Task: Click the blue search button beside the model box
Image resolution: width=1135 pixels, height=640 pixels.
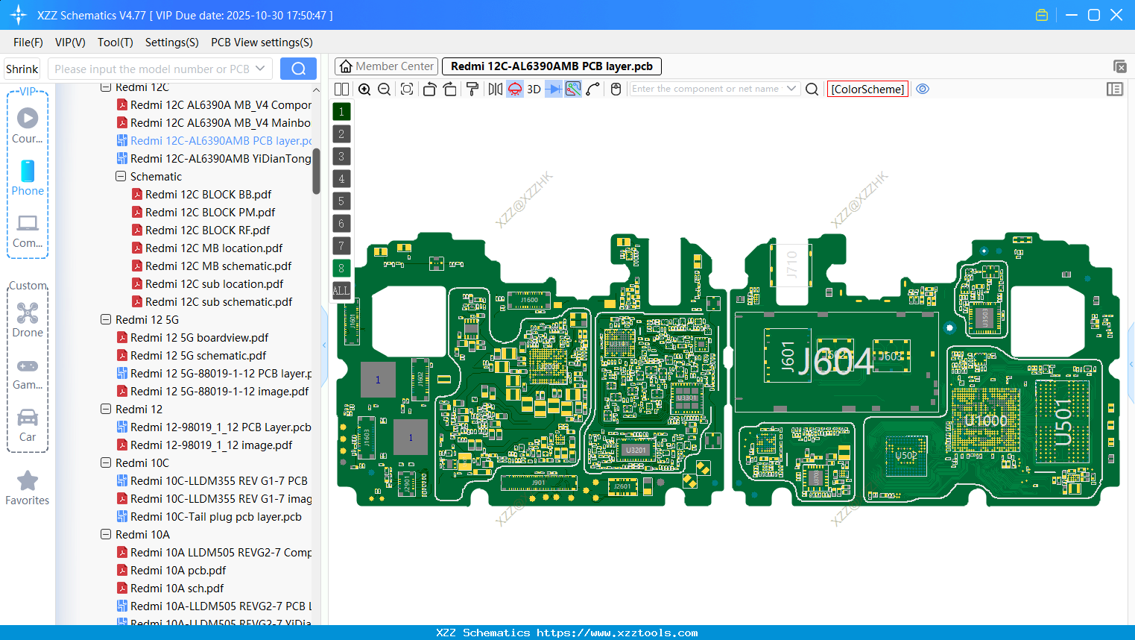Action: pos(298,69)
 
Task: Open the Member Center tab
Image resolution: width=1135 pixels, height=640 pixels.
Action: pos(386,66)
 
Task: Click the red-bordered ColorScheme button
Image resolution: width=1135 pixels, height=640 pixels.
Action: pos(867,90)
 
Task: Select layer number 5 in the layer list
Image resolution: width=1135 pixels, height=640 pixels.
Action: pos(341,201)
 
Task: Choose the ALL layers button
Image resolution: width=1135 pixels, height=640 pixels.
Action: pos(341,291)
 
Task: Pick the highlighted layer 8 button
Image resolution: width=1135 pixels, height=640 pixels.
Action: pos(341,269)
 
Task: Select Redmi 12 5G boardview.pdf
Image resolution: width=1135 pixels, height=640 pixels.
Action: pos(199,338)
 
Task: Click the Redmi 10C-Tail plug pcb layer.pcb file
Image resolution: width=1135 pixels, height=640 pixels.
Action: pos(215,517)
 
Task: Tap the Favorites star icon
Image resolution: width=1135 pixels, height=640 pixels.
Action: pos(28,481)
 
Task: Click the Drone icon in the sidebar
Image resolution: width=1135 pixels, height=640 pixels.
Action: pos(28,314)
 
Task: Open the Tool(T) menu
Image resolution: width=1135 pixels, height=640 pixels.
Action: pos(115,43)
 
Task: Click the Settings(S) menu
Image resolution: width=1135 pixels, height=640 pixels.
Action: pos(171,43)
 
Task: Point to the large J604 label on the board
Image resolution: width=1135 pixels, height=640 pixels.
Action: pos(835,362)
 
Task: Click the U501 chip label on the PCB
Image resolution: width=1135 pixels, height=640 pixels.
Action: pos(1063,422)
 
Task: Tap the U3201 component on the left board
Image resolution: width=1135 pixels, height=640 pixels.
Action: pos(636,451)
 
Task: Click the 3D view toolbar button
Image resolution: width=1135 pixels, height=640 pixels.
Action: pos(534,90)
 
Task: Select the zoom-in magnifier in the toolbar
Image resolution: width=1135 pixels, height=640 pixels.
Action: pos(364,90)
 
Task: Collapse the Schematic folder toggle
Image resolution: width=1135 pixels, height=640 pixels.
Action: pos(121,177)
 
